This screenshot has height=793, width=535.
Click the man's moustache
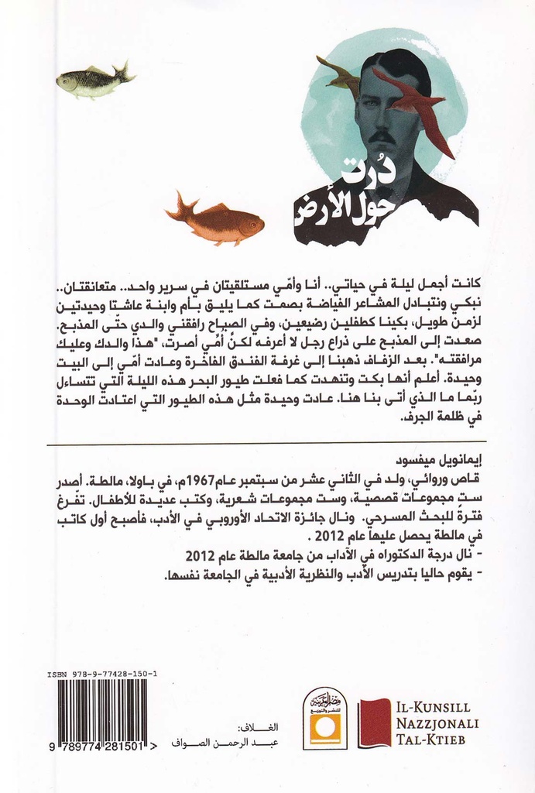(381, 138)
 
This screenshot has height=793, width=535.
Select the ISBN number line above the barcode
(102, 675)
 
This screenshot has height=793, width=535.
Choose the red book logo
(376, 723)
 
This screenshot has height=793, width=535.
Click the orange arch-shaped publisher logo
(324, 718)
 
